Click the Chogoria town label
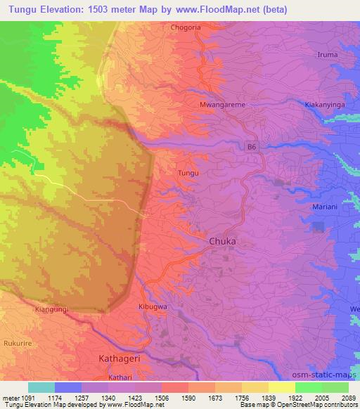point(186,28)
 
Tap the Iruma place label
point(328,55)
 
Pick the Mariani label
point(326,207)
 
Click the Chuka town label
point(223,241)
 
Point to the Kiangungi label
point(52,309)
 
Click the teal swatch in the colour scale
point(41,387)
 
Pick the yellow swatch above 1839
point(282,387)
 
